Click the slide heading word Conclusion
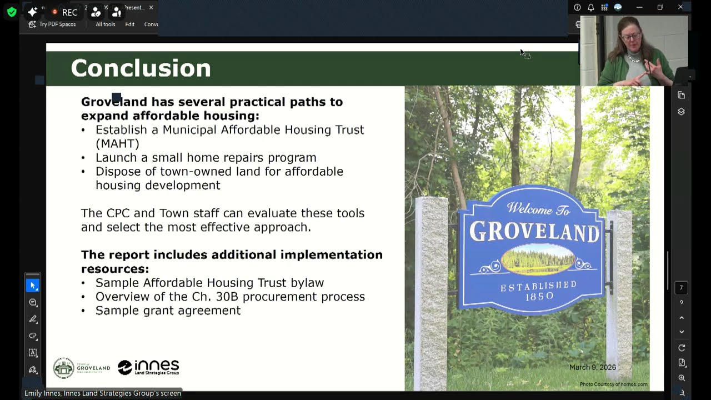click(141, 68)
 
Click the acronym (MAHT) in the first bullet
click(117, 143)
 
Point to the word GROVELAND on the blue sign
click(534, 232)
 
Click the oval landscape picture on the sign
click(537, 260)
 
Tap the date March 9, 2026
click(592, 367)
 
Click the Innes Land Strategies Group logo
click(148, 367)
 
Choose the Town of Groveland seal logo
click(64, 368)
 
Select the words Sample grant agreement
click(168, 311)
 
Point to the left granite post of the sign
click(432, 289)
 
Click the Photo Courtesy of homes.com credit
click(613, 384)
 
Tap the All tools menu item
click(105, 24)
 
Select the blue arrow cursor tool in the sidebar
click(33, 286)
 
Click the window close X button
click(680, 7)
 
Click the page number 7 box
click(681, 288)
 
